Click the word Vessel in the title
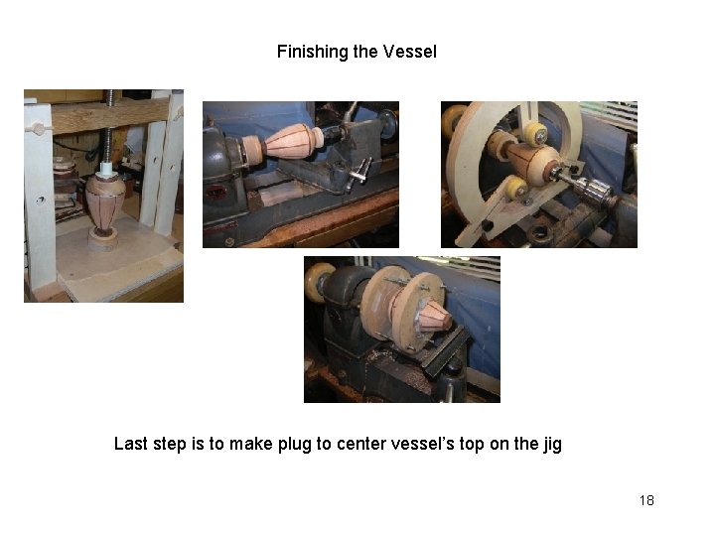coord(409,52)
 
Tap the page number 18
coord(646,500)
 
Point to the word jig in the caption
coord(552,445)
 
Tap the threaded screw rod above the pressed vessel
coord(109,128)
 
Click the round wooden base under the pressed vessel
coord(103,239)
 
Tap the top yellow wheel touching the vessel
coord(536,134)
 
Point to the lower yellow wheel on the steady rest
coord(516,189)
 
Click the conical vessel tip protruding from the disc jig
coord(435,317)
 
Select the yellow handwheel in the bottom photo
coord(319,283)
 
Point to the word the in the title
coord(365,52)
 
